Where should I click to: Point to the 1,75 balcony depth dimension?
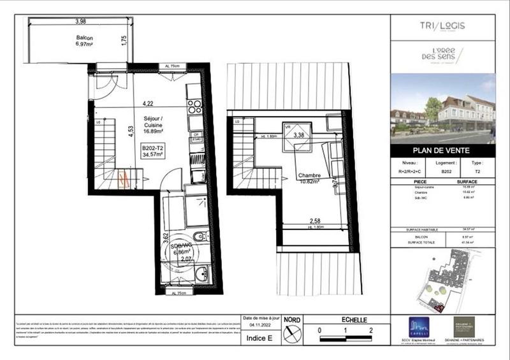(x=125, y=40)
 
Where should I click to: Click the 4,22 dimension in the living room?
(x=148, y=103)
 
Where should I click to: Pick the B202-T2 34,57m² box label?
(x=153, y=151)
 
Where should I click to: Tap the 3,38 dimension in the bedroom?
(x=298, y=135)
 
